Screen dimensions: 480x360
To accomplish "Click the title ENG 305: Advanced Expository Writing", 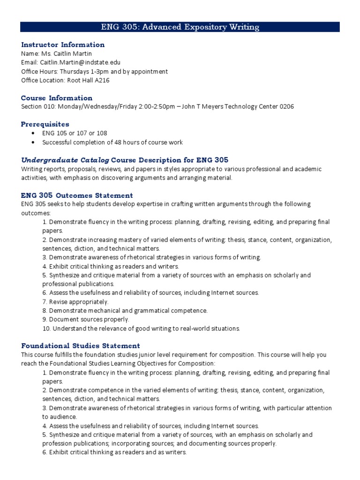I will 180,27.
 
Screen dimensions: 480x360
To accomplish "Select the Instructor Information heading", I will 63,45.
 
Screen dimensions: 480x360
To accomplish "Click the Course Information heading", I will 57,98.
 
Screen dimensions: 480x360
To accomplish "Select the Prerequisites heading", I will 45,124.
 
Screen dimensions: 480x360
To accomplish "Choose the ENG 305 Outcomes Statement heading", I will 77,195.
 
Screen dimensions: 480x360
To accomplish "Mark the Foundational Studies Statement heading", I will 81,346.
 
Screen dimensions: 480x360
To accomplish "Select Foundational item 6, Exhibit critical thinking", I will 114,452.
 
